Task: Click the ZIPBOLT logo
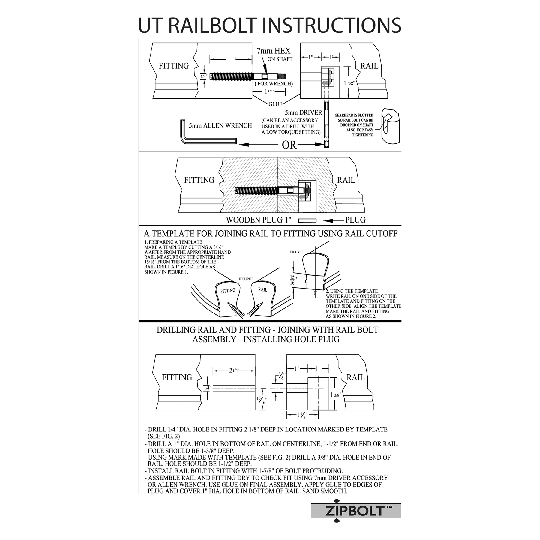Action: tap(356, 510)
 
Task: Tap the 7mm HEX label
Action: tap(273, 51)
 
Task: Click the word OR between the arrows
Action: tap(289, 145)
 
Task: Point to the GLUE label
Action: tap(275, 104)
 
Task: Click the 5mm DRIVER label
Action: tap(303, 112)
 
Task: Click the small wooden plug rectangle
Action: tap(307, 221)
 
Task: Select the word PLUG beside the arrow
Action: tap(355, 220)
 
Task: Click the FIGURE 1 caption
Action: tap(297, 252)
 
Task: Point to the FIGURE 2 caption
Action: tap(246, 279)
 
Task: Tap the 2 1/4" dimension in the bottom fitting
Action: tap(234, 370)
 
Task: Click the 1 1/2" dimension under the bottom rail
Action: tap(302, 415)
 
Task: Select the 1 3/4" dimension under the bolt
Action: tap(269, 91)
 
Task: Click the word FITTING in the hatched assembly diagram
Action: tap(199, 180)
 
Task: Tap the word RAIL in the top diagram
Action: tap(369, 66)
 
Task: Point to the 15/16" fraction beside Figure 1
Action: tap(292, 280)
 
